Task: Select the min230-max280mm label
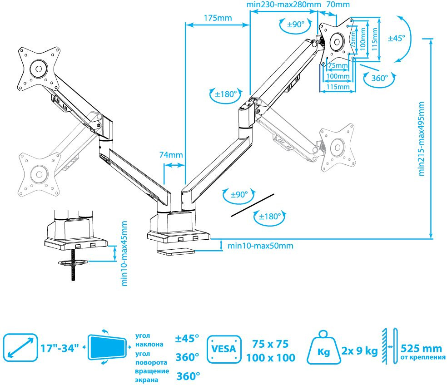(x=283, y=5)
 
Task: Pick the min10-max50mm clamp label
(x=260, y=246)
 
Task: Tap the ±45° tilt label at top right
(x=396, y=39)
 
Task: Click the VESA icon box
(x=224, y=349)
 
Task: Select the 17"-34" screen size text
(x=60, y=349)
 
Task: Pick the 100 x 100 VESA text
(x=270, y=358)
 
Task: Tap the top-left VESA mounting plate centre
(x=38, y=69)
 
